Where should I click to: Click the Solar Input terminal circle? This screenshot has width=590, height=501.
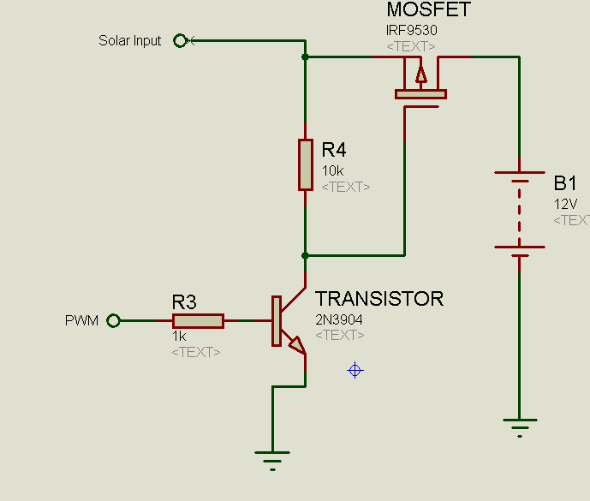tap(180, 40)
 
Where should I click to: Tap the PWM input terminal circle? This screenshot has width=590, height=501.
tap(113, 320)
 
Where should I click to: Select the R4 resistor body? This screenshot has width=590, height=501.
tap(306, 165)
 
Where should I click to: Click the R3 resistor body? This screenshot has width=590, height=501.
tap(199, 321)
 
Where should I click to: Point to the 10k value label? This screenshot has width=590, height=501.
tap(332, 171)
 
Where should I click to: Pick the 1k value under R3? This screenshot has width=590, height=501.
tap(179, 336)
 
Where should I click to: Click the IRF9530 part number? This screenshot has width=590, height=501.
tap(412, 30)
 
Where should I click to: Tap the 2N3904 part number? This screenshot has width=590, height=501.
tap(339, 319)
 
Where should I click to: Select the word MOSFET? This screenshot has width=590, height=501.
tap(428, 9)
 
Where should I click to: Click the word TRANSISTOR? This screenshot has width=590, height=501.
tap(379, 299)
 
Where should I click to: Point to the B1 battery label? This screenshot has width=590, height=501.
tap(565, 183)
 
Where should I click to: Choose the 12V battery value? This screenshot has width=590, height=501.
tap(565, 204)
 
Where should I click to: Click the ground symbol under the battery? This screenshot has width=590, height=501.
tap(520, 428)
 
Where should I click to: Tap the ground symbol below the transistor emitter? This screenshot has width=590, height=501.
tap(272, 461)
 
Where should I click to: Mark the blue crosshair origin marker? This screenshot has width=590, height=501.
tap(355, 370)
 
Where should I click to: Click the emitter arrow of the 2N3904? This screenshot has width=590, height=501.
tap(297, 345)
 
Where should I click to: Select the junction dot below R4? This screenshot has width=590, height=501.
tap(305, 255)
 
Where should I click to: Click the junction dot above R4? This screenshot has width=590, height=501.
tap(305, 57)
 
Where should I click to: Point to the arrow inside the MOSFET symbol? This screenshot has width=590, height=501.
tap(421, 75)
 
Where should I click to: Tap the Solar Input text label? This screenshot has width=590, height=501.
tap(130, 40)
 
